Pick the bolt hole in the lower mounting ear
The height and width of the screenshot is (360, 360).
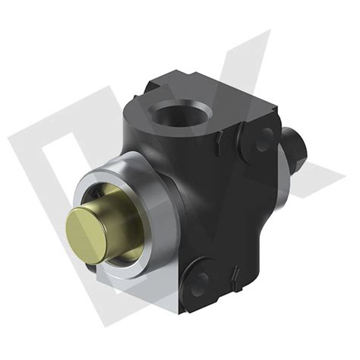click(200, 283)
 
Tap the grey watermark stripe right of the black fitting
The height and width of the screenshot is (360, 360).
click(319, 171)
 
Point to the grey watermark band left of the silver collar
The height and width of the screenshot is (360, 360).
click(46, 190)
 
